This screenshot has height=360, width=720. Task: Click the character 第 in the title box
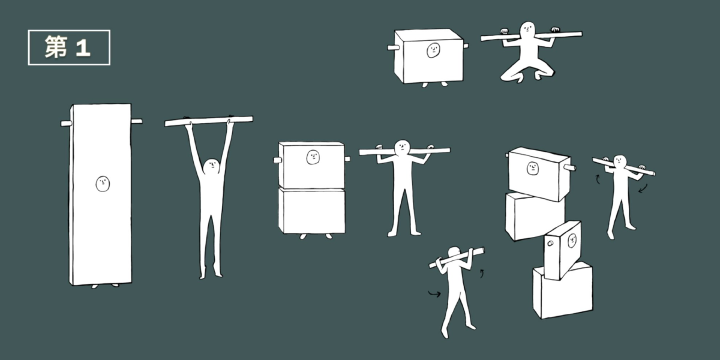(56, 47)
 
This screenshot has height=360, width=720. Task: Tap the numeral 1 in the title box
(83, 48)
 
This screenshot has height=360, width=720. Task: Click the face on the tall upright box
(103, 184)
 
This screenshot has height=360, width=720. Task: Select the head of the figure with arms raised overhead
(211, 167)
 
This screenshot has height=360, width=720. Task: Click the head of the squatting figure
(527, 29)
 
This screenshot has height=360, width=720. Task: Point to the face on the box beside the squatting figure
(433, 50)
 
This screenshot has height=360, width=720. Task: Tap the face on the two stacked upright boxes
(313, 157)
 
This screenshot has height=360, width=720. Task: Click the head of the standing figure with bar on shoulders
(402, 147)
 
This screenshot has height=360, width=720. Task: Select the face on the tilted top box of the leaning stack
(533, 169)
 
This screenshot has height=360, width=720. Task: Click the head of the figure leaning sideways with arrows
(620, 162)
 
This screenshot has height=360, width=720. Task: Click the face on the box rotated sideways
(572, 241)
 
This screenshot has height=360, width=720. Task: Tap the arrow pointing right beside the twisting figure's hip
(434, 293)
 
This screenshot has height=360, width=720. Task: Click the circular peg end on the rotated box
(550, 244)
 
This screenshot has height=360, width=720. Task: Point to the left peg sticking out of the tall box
(65, 124)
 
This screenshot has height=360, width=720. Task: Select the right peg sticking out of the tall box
(137, 121)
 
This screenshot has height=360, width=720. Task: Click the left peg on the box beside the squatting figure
(393, 48)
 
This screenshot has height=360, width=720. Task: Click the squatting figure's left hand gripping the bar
(505, 31)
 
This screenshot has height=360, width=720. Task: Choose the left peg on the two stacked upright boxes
(277, 160)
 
